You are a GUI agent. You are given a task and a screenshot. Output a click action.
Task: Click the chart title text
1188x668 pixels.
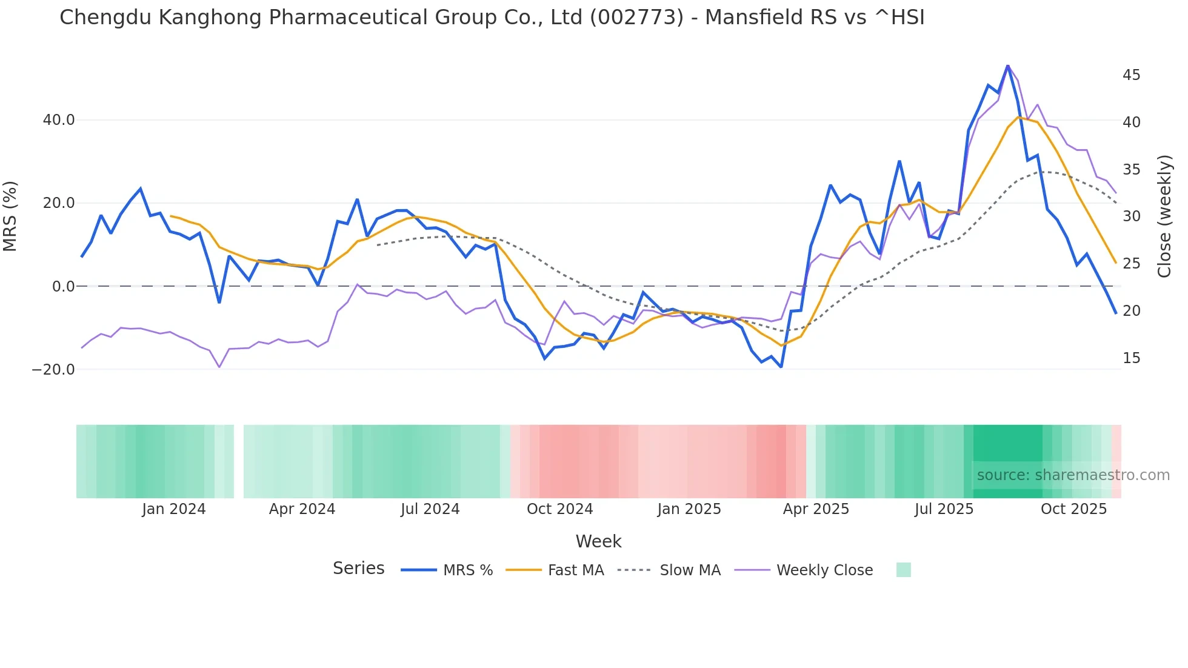[x=492, y=18]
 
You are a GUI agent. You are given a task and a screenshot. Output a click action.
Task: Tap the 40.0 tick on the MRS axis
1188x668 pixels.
[x=59, y=120]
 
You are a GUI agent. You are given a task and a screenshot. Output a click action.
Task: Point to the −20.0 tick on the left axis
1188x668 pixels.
[x=53, y=369]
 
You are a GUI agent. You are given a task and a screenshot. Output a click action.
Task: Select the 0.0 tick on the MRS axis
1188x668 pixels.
[x=64, y=286]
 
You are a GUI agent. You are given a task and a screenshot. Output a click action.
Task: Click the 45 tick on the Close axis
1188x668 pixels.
[x=1131, y=75]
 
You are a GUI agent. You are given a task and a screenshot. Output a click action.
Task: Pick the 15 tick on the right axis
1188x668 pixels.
[x=1131, y=358]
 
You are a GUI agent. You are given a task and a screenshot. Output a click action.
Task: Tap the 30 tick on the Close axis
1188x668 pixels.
[x=1131, y=216]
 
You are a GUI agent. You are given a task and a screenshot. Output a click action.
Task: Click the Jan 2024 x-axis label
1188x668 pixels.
[x=174, y=509]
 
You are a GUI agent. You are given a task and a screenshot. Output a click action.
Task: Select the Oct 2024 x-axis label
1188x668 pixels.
[x=559, y=509]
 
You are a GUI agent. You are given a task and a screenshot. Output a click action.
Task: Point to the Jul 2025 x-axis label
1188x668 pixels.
[x=944, y=509]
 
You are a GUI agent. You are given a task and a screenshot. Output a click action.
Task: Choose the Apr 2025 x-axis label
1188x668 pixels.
[x=816, y=509]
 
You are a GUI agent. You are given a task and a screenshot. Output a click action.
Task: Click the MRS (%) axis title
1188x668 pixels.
[x=10, y=216]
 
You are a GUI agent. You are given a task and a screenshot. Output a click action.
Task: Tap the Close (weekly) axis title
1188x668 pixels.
[x=1164, y=216]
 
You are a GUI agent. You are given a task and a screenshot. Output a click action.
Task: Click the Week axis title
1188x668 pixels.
[x=598, y=541]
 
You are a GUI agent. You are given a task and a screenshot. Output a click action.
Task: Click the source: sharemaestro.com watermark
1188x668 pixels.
[x=1073, y=475]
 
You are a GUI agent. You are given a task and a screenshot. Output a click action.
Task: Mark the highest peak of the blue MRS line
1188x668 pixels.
[x=1007, y=65]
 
